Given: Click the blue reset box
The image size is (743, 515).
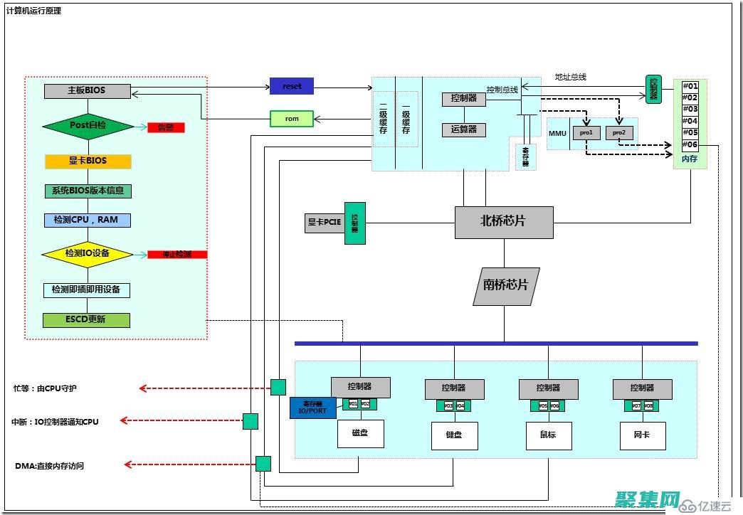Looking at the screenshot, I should tap(292, 86).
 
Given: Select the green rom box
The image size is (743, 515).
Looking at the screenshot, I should tap(292, 119).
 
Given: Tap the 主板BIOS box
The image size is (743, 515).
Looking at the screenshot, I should tap(88, 91).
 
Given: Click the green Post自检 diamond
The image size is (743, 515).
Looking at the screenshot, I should tap(88, 126).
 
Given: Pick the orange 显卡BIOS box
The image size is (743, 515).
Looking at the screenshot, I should tap(88, 161).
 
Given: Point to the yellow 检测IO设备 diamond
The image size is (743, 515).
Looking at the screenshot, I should tap(88, 253).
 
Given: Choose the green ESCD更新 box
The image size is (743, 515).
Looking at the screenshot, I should tap(87, 319).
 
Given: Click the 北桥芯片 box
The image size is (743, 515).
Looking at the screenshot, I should tap(504, 222).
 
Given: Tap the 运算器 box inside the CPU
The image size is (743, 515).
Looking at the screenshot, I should tap(463, 130).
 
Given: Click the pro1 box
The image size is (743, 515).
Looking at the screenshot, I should tap(586, 132).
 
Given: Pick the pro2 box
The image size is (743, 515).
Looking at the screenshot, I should tap(618, 132).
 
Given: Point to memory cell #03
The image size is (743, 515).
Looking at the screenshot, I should tap(690, 110).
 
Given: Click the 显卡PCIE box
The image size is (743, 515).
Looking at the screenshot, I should tap(325, 223).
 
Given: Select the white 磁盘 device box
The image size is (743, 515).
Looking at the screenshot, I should tap(361, 433).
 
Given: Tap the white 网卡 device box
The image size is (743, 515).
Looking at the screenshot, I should tap(643, 435).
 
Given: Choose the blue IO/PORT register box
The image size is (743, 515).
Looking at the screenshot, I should tap(312, 408).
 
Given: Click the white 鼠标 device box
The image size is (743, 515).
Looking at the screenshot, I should tap(549, 435).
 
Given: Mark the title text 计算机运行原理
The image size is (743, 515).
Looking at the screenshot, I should tap(33, 11).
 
